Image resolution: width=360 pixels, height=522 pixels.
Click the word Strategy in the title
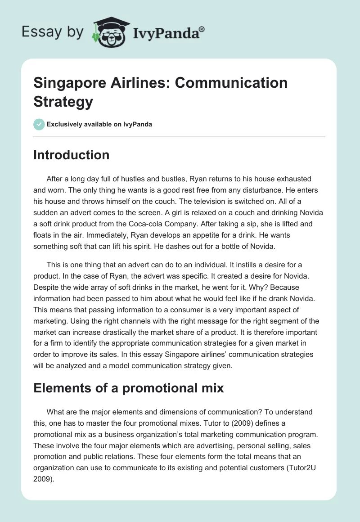click(63, 101)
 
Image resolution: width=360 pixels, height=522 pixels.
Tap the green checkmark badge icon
click(39, 124)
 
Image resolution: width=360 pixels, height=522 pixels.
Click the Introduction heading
click(72, 155)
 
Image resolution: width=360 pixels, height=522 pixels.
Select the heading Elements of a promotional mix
click(129, 388)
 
